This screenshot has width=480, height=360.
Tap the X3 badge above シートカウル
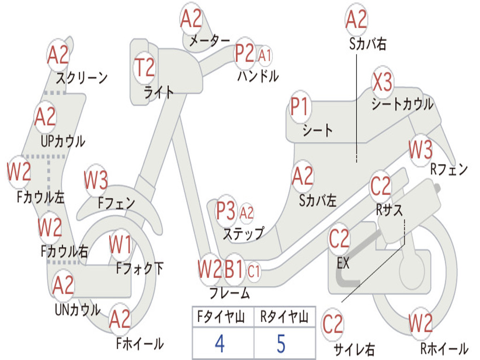pos(382,83)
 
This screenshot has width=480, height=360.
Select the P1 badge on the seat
pos(300,107)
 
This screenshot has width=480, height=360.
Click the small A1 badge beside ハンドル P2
pos(265,55)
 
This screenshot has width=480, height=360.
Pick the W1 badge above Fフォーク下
pos(120,244)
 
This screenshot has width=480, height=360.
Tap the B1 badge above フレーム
pos(234,270)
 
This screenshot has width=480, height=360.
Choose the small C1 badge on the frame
pos(254,271)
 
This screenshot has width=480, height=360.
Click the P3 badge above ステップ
pos(226,211)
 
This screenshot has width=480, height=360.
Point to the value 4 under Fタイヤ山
pos(219,344)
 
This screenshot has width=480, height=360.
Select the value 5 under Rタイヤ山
pos(281,344)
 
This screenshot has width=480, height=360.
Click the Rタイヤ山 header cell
pos(284,318)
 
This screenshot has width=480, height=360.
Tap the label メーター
pos(210,41)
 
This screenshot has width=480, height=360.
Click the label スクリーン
pos(82,77)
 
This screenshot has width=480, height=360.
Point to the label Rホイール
pos(444,348)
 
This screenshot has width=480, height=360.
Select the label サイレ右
pos(354,349)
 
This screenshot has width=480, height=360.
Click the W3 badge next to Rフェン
pos(420,150)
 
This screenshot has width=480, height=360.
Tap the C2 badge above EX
pos(339,239)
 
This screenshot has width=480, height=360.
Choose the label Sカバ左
pos(318,201)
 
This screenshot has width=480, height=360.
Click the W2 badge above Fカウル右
pos(50,227)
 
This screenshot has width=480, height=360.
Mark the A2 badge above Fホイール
pos(120,319)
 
